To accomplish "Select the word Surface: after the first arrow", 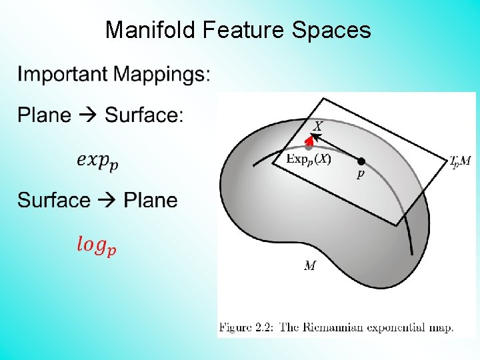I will point(144,115).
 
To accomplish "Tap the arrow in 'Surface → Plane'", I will point(107,200).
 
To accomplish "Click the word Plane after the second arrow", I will point(151,200).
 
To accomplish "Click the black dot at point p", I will point(361,161).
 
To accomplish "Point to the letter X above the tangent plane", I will point(318,125).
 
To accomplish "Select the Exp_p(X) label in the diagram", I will point(308,159).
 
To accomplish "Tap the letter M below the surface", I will point(310,266).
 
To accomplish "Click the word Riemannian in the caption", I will point(324,327).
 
